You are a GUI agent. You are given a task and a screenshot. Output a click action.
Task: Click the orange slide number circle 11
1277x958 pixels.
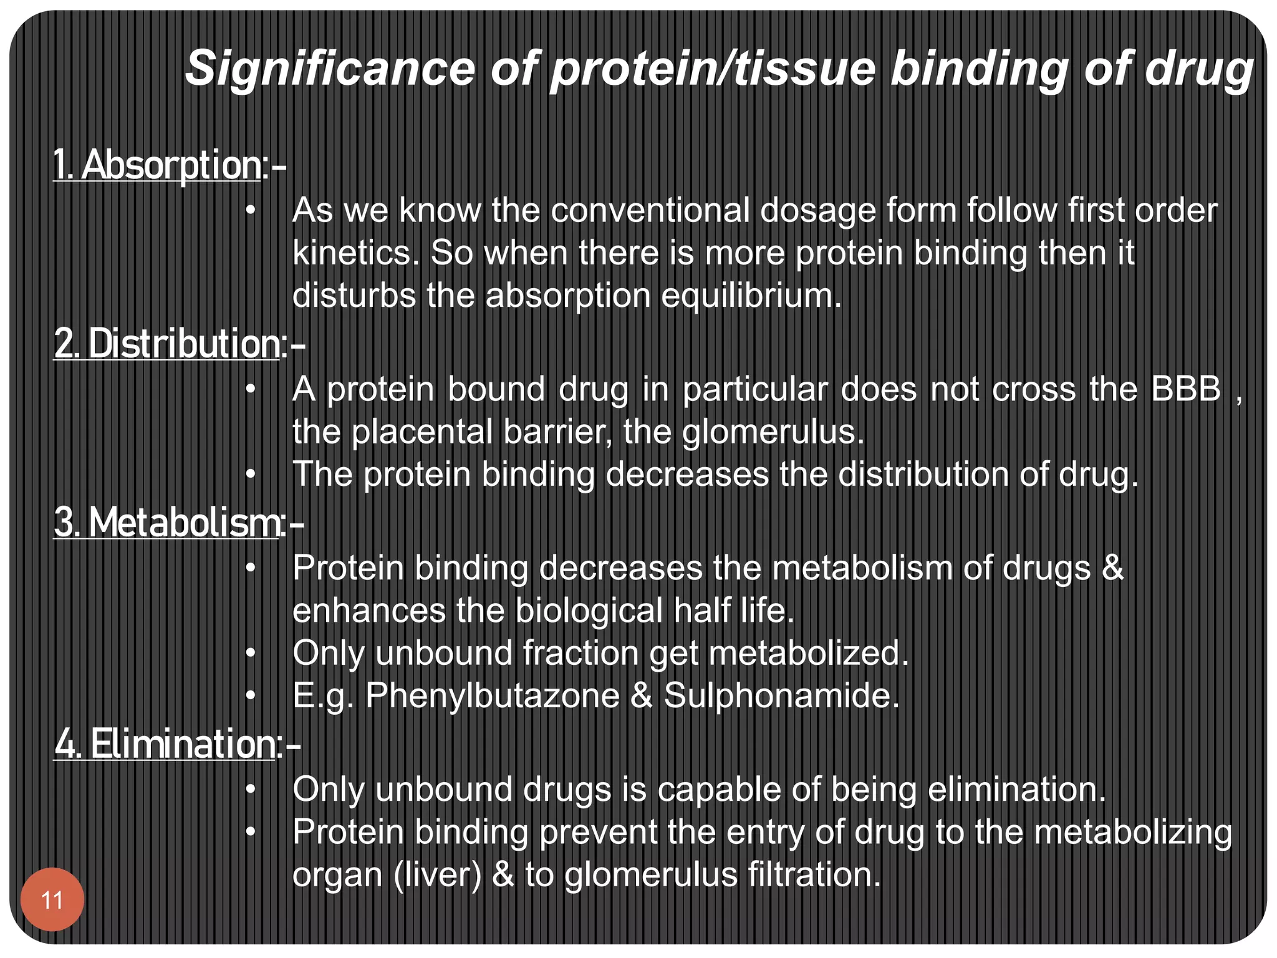pyautogui.click(x=52, y=899)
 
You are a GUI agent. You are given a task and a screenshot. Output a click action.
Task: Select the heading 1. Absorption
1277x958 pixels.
pyautogui.click(x=157, y=165)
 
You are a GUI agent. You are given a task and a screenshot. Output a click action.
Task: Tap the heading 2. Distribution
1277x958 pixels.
pyautogui.click(x=167, y=344)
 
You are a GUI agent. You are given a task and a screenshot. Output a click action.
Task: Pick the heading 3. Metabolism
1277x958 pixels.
pyautogui.click(x=167, y=522)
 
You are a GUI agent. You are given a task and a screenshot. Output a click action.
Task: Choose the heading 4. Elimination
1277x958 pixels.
pyautogui.click(x=165, y=743)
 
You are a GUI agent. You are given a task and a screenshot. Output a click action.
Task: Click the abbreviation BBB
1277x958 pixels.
pyautogui.click(x=1185, y=389)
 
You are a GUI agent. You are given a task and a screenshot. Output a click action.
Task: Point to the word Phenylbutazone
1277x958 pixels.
pyautogui.click(x=492, y=695)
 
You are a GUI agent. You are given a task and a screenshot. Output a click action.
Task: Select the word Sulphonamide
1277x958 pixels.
pyautogui.click(x=781, y=695)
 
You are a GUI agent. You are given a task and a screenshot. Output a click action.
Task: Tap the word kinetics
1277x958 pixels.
pyautogui.click(x=355, y=253)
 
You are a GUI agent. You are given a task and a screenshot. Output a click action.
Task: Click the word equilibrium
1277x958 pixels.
pyautogui.click(x=751, y=295)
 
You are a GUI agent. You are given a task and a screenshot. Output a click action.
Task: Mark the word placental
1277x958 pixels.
pyautogui.click(x=422, y=432)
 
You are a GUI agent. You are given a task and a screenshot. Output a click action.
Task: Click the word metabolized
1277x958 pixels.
pyautogui.click(x=809, y=653)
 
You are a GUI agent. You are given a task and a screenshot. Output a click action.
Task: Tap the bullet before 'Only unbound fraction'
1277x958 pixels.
pyautogui.click(x=251, y=653)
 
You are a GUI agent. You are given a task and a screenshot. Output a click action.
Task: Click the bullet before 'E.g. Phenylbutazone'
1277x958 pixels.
pyautogui.click(x=251, y=695)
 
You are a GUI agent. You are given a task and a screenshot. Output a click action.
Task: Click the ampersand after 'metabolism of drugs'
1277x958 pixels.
pyautogui.click(x=1112, y=568)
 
